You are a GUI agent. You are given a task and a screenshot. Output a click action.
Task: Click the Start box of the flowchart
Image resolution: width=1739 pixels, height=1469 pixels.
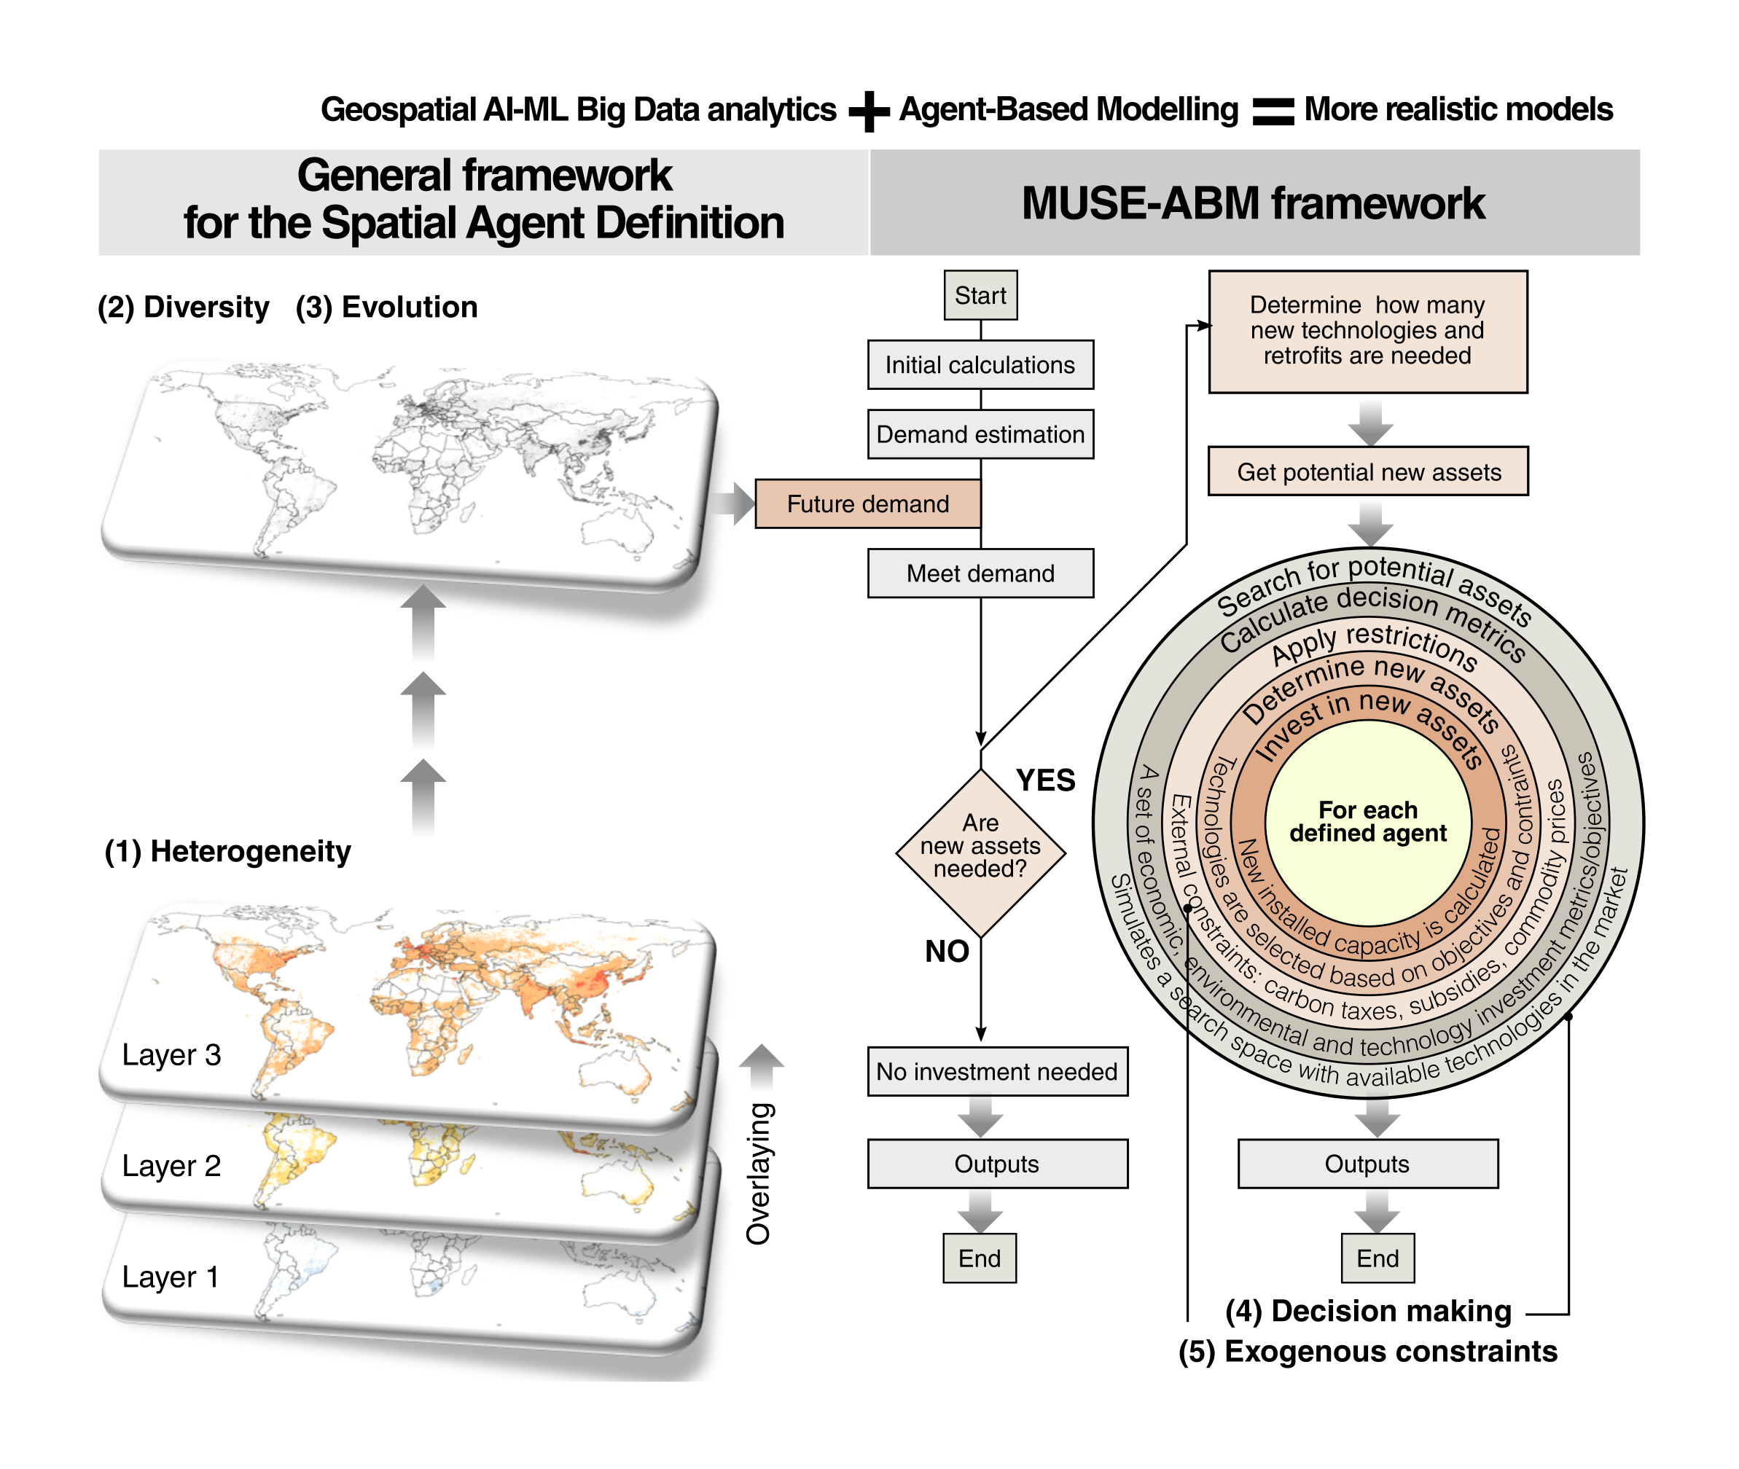point(980,295)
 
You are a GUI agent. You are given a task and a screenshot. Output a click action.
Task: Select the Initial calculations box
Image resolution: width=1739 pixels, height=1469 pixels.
point(980,365)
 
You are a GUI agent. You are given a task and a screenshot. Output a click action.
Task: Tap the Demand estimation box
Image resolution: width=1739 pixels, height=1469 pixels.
point(980,434)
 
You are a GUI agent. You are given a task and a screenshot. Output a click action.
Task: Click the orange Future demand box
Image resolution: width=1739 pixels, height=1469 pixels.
point(867,504)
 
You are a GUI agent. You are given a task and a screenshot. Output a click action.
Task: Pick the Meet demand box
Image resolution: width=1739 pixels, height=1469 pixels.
point(980,573)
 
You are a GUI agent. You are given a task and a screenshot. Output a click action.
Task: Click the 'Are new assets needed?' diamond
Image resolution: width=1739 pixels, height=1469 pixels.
point(980,850)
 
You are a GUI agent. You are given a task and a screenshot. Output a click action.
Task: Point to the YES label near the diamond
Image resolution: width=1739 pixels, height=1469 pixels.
point(1045,780)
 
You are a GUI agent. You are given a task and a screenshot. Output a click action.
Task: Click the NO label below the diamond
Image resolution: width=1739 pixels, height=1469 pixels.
point(946,951)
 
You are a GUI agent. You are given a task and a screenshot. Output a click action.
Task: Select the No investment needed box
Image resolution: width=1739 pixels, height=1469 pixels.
point(996,1071)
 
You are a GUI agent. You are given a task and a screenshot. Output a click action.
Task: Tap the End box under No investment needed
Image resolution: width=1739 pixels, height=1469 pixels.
point(979,1258)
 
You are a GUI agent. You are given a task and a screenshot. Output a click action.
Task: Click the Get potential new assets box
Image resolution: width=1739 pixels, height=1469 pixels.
point(1367,471)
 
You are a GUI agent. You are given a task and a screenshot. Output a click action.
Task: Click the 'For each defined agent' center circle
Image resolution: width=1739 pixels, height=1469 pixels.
point(1367,823)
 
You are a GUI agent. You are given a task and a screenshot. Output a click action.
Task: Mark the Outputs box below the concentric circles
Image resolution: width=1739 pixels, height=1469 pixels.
point(1367,1164)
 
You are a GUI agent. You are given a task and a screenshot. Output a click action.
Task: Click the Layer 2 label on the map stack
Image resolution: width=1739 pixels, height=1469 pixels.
point(171,1166)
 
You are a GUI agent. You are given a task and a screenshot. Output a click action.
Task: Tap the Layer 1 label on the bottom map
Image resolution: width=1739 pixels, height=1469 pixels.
point(170,1277)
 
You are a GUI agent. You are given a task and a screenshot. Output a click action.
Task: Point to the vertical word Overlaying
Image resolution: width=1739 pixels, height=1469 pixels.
point(759,1173)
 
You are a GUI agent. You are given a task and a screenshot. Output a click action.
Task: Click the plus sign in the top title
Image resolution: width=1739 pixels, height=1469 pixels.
point(869,111)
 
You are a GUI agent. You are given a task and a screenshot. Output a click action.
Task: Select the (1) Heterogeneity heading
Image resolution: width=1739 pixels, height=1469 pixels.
point(227,851)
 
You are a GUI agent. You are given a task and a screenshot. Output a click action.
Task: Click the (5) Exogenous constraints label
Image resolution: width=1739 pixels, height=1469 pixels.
point(1367,1351)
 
